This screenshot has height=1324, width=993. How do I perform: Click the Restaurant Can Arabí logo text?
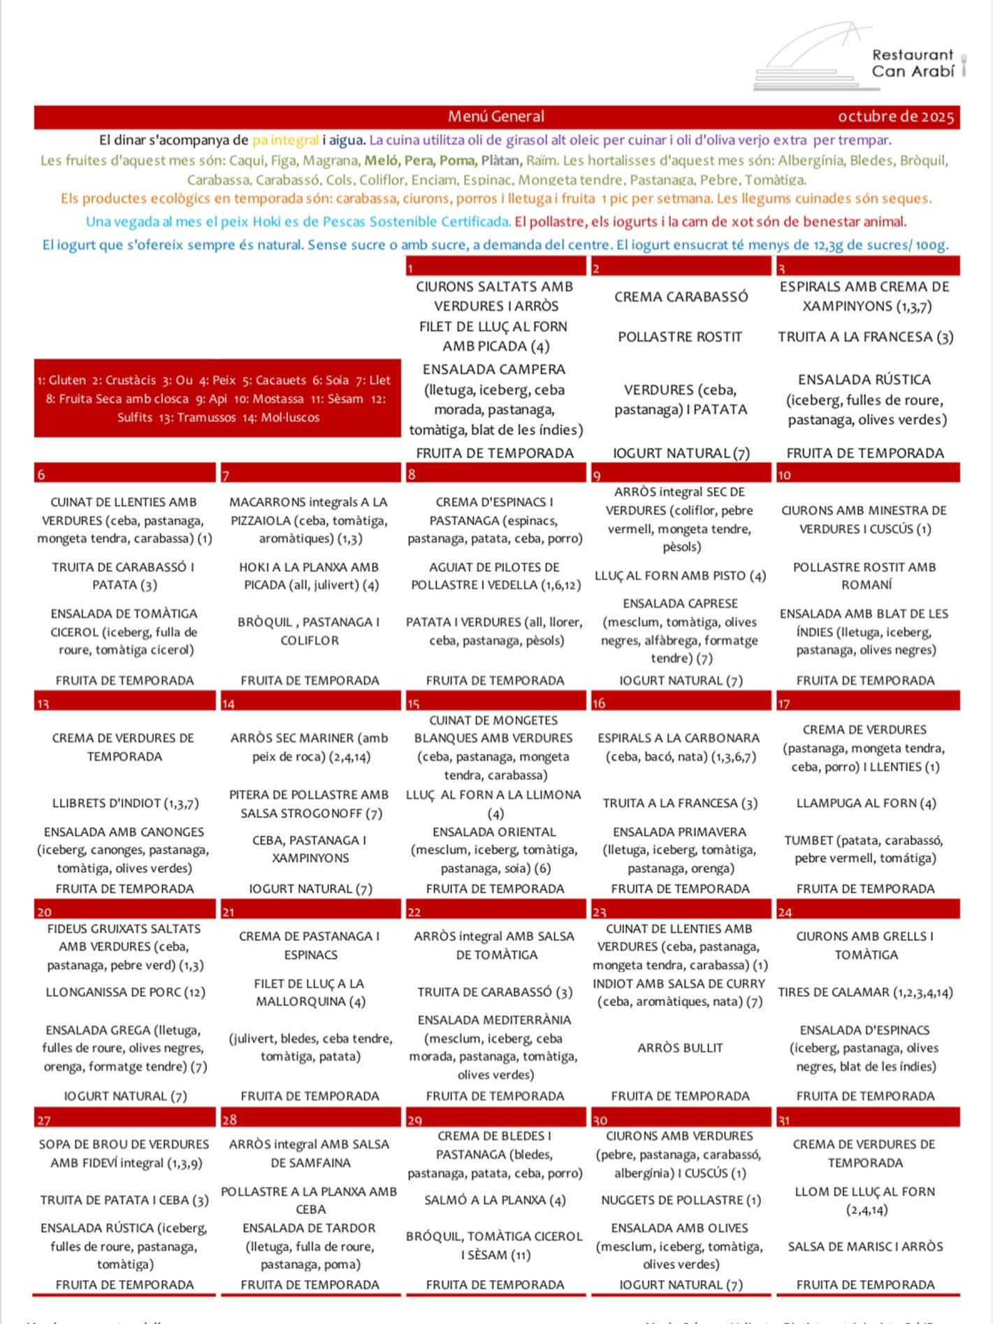912,63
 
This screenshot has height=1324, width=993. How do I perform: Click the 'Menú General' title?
495,117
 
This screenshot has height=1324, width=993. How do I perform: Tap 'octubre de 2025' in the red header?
895,117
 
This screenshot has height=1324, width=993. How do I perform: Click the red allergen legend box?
217,398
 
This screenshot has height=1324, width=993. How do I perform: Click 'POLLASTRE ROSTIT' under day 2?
680,337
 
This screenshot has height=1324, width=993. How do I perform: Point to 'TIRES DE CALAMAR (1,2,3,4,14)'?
865,992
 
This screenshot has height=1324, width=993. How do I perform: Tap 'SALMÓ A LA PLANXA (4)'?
495,1200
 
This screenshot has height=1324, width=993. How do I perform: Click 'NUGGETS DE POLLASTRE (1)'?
681,1200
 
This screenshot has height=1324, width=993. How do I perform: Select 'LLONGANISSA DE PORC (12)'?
125,992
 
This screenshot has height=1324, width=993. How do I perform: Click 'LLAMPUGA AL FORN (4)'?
866,803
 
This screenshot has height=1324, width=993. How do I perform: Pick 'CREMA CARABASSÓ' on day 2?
681,297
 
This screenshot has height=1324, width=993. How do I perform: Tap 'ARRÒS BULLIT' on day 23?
680,1047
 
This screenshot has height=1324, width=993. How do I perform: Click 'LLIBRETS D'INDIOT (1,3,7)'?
125,803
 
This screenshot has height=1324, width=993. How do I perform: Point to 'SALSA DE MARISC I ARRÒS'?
865,1246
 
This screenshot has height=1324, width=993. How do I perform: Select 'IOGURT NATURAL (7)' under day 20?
125,1096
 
